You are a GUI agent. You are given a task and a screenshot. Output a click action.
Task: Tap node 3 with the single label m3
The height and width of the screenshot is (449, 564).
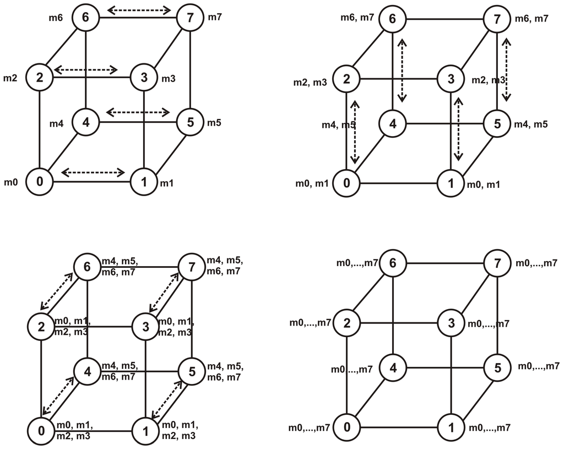pyautogui.click(x=144, y=78)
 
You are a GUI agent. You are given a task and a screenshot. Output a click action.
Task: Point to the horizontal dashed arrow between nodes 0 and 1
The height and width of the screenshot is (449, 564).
pyautogui.click(x=93, y=173)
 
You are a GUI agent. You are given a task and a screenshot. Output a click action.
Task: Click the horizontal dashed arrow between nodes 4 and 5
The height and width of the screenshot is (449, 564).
pyautogui.click(x=138, y=112)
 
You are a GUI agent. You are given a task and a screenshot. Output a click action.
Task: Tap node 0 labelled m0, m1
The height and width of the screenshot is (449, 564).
pyautogui.click(x=347, y=182)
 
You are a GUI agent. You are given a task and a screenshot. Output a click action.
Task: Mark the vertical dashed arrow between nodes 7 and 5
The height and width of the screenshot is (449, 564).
pyautogui.click(x=507, y=69)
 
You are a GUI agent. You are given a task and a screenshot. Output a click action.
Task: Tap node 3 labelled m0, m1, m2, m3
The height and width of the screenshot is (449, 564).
pyautogui.click(x=144, y=327)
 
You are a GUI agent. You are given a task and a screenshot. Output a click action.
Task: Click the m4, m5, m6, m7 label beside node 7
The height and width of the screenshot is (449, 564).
pyautogui.click(x=224, y=265)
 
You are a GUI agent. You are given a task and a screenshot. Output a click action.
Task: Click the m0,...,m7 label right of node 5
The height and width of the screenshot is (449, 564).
pyautogui.click(x=538, y=366)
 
